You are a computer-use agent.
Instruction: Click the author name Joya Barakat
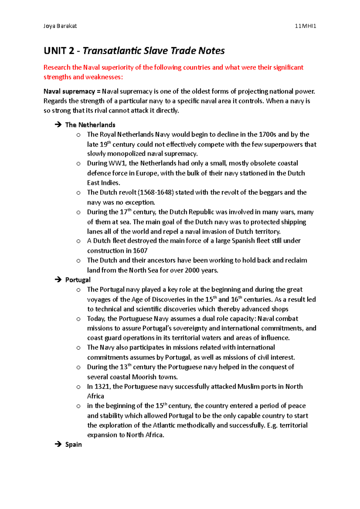[x=60, y=26]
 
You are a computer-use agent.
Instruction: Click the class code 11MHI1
[x=305, y=26]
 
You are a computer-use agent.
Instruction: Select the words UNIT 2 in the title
[x=59, y=51]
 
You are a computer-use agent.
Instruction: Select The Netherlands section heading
[x=90, y=125]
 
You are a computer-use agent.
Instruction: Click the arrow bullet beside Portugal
[x=58, y=280]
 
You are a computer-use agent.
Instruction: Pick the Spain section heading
[x=73, y=445]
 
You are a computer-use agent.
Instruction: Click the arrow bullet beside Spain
[x=58, y=444]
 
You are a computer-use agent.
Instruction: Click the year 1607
[x=140, y=251]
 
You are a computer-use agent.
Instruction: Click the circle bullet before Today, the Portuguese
[x=78, y=319]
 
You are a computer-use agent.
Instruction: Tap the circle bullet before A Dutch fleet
[x=78, y=241]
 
